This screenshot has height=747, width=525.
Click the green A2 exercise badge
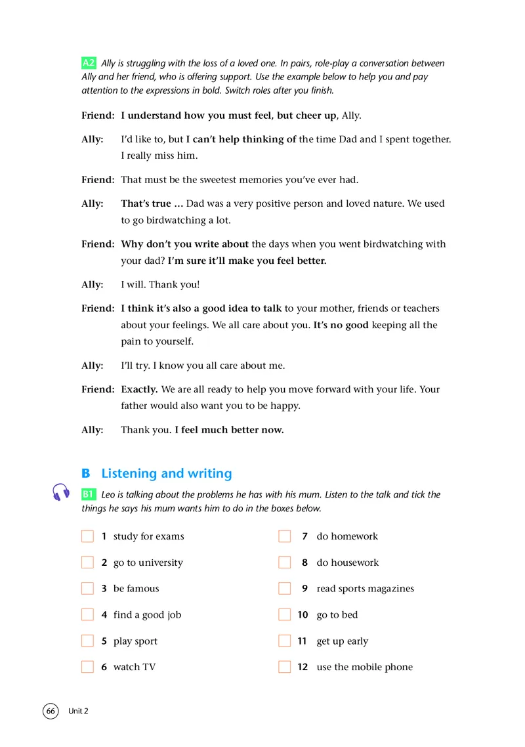(x=89, y=64)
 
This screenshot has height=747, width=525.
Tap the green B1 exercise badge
(x=89, y=494)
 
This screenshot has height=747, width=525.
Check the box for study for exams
(x=88, y=536)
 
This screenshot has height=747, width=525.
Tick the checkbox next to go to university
(x=88, y=563)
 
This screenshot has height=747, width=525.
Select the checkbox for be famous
(x=88, y=589)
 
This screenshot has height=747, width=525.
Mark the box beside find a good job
(x=88, y=615)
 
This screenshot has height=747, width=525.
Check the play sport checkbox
(x=88, y=641)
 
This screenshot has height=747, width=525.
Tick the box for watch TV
(x=88, y=667)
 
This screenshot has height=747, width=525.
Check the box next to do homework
(x=284, y=536)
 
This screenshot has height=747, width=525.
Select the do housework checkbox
(x=284, y=563)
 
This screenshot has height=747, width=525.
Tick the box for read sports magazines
(x=284, y=589)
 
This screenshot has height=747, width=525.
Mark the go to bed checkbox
(x=284, y=615)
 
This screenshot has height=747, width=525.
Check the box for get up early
(x=284, y=641)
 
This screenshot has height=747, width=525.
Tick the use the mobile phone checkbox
(x=284, y=667)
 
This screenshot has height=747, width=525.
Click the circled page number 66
(x=51, y=711)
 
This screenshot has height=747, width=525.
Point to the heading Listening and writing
(x=166, y=473)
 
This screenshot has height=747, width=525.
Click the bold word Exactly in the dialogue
(x=139, y=389)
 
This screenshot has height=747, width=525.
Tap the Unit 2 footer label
(x=78, y=711)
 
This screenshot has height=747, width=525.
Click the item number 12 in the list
(x=303, y=667)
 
